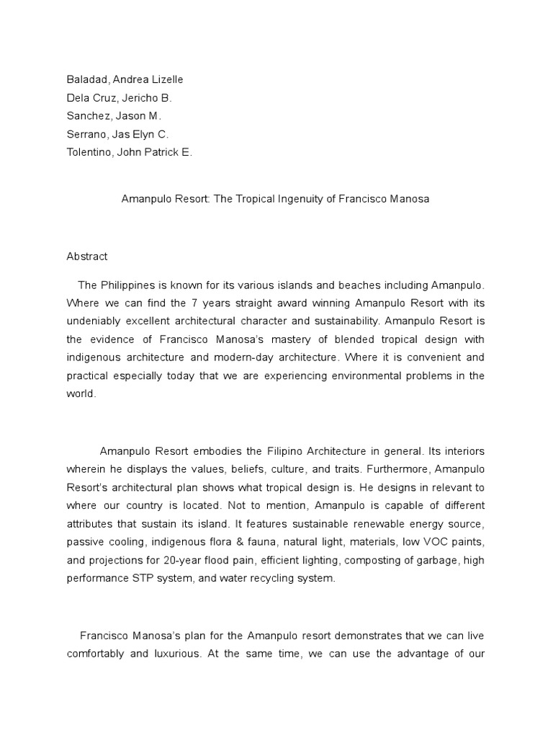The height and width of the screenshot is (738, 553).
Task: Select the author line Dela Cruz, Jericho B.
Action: click(119, 97)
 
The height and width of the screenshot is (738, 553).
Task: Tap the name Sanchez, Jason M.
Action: click(114, 116)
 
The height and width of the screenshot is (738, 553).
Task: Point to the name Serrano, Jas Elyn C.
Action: click(117, 134)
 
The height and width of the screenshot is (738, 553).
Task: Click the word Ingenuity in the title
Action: click(300, 199)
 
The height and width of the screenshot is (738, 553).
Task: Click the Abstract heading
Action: click(87, 256)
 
